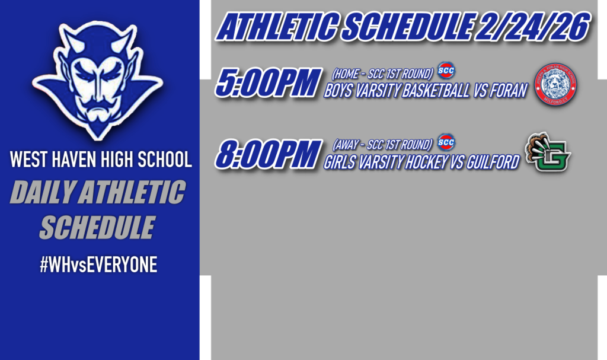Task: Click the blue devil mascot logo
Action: pyautogui.click(x=97, y=80)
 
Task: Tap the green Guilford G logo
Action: pyautogui.click(x=548, y=152)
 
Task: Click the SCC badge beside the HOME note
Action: pyautogui.click(x=446, y=71)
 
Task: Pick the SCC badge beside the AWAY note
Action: pyautogui.click(x=446, y=142)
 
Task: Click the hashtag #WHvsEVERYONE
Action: pyautogui.click(x=98, y=265)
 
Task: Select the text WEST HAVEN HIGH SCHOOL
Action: pyautogui.click(x=101, y=160)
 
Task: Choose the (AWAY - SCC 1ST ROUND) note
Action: pyautogui.click(x=382, y=145)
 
